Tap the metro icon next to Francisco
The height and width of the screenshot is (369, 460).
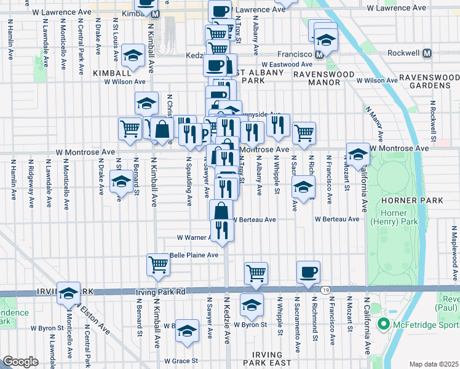pyautogui.click(x=320, y=54)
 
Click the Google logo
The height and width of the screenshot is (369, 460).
pyautogui.click(x=21, y=362)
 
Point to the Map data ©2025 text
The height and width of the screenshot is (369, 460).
pyautogui.click(x=433, y=364)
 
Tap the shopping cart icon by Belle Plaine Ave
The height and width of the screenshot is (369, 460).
pyautogui.click(x=158, y=264)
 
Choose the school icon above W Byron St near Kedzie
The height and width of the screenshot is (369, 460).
pyautogui.click(x=252, y=304)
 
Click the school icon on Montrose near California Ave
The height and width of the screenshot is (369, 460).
pyautogui.click(x=358, y=153)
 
